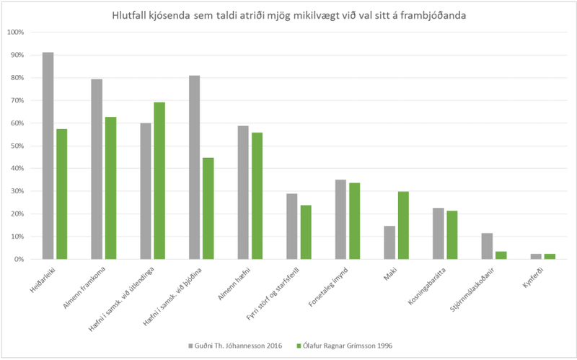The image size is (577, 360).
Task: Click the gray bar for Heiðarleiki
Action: (48, 156)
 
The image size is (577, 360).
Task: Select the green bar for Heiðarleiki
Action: (62, 194)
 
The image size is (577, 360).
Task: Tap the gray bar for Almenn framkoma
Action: (97, 169)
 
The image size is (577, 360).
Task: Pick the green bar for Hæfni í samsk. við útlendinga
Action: (159, 180)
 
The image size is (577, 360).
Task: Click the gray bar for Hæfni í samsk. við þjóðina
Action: (194, 167)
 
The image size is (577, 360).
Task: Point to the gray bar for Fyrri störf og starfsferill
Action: (291, 226)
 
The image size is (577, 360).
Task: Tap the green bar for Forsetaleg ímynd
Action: (354, 221)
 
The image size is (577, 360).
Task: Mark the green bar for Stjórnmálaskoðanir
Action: (501, 255)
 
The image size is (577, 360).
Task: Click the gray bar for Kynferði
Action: (535, 256)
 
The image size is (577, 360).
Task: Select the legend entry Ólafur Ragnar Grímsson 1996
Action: (346, 344)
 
